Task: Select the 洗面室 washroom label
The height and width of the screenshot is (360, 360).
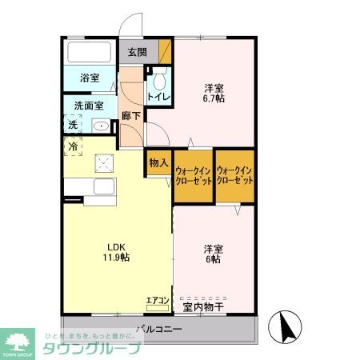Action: [90, 104]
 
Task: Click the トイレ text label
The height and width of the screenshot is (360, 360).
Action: [157, 98]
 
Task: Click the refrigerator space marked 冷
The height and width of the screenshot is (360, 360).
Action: [73, 147]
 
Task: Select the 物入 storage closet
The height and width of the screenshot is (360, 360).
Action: [158, 162]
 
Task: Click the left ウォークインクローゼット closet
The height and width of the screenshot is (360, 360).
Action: [193, 175]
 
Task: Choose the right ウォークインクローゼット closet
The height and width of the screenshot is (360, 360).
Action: [235, 175]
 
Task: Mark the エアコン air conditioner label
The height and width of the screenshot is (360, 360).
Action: [157, 301]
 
